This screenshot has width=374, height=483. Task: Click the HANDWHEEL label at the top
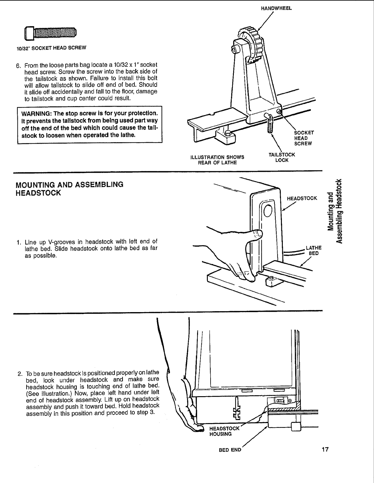point(276,9)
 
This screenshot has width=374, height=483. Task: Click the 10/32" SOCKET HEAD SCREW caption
point(51,48)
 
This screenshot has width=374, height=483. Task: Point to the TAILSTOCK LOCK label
point(282,157)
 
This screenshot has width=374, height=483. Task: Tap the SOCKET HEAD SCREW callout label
point(303,138)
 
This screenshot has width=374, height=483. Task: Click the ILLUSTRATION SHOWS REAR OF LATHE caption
point(217,160)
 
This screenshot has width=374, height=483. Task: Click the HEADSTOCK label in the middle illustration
point(302,198)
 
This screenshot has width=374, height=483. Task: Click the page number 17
point(325,449)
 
